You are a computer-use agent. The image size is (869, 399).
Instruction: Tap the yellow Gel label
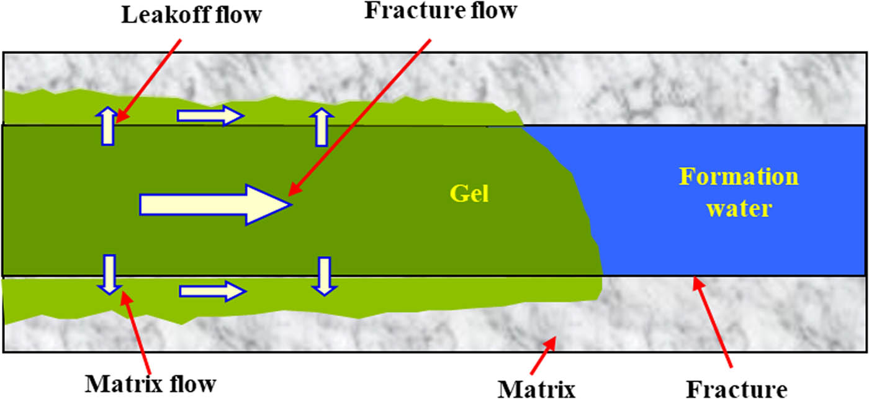(x=469, y=194)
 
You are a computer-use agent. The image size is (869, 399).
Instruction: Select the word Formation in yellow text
(x=739, y=177)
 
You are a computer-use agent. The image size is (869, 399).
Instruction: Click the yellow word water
(x=739, y=208)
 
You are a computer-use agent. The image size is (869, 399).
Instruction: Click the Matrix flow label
(x=150, y=383)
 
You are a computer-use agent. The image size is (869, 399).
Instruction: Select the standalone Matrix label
(x=537, y=388)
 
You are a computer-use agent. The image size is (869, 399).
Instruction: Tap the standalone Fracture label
(x=737, y=388)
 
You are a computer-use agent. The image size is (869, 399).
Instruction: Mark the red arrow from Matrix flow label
(x=137, y=329)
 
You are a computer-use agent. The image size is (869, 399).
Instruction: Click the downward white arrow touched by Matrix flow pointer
(x=109, y=274)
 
